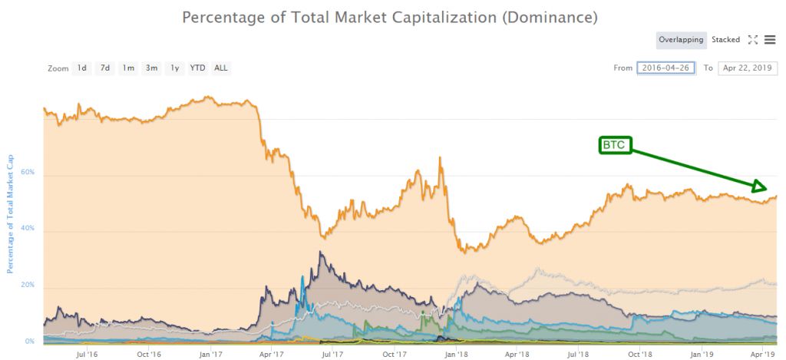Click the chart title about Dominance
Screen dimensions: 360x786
tap(390, 16)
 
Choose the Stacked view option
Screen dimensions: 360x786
tap(725, 40)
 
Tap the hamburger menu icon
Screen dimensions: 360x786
tap(770, 40)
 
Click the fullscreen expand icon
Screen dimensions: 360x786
tap(752, 40)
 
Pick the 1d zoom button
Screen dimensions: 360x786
tap(81, 68)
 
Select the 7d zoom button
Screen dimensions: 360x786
tap(105, 68)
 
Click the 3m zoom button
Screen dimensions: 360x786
tap(152, 68)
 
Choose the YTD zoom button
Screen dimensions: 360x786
tap(197, 68)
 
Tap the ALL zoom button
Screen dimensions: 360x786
tap(221, 68)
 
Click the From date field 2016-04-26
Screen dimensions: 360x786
tap(665, 68)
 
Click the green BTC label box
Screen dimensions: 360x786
tap(615, 145)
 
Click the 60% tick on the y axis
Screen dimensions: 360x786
tap(28, 173)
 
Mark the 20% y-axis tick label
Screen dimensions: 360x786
tap(28, 285)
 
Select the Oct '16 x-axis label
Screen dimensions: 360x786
tap(149, 354)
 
